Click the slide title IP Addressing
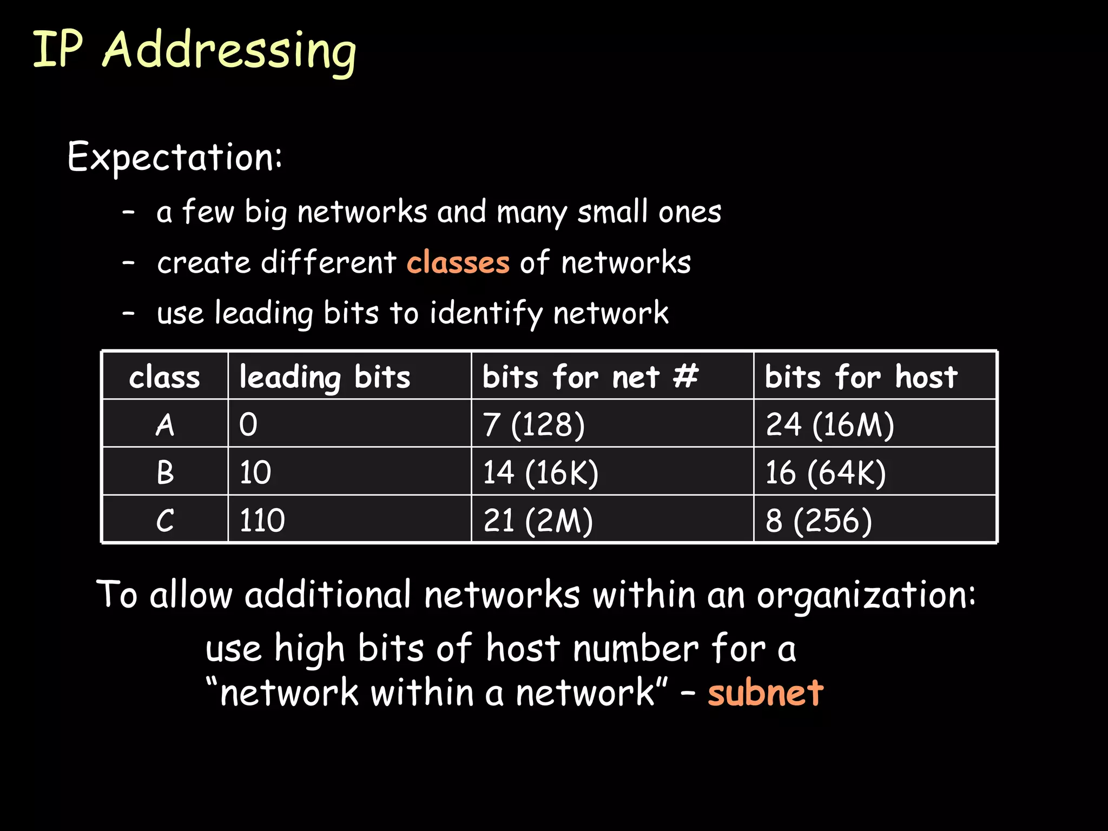[x=195, y=50]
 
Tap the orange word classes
[x=458, y=262]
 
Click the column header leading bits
[x=325, y=377]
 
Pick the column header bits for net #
[x=590, y=377]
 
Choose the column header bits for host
[x=861, y=377]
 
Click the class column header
[x=164, y=377]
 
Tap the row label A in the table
[x=165, y=424]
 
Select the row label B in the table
[x=165, y=472]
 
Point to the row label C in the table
[x=165, y=520]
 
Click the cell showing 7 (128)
[x=534, y=424]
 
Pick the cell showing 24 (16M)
[x=830, y=424]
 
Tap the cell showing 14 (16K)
[x=540, y=472]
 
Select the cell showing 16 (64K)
[x=826, y=472]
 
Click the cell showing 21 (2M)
[x=538, y=520]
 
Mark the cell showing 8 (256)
[x=819, y=520]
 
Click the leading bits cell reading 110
[x=262, y=520]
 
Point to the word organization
[x=866, y=595]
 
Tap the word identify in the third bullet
[x=486, y=314]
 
